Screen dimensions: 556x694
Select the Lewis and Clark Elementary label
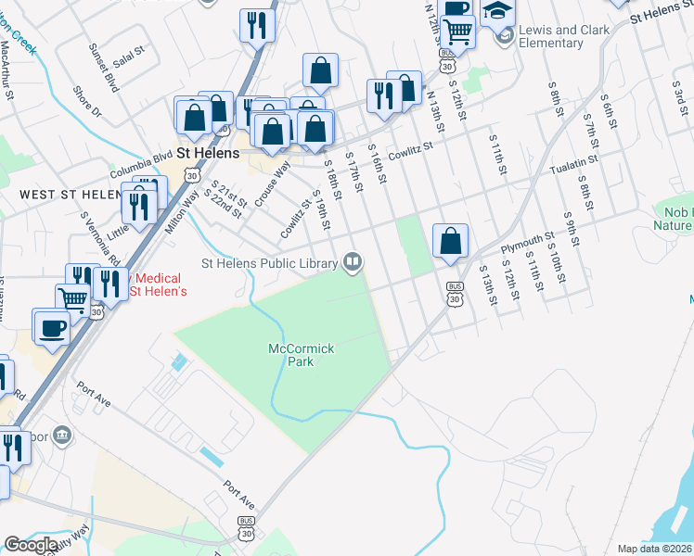pyautogui.click(x=563, y=36)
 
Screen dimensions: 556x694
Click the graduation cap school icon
pyautogui.click(x=497, y=13)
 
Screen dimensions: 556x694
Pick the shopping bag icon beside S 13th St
pyautogui.click(x=450, y=241)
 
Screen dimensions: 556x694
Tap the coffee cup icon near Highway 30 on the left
pyautogui.click(x=51, y=327)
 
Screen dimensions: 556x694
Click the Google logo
pyautogui.click(x=31, y=545)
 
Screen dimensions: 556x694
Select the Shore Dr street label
pyautogui.click(x=87, y=102)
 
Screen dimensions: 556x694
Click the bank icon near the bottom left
pyautogui.click(x=61, y=435)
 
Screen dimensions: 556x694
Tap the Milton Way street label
pyautogui.click(x=184, y=211)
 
